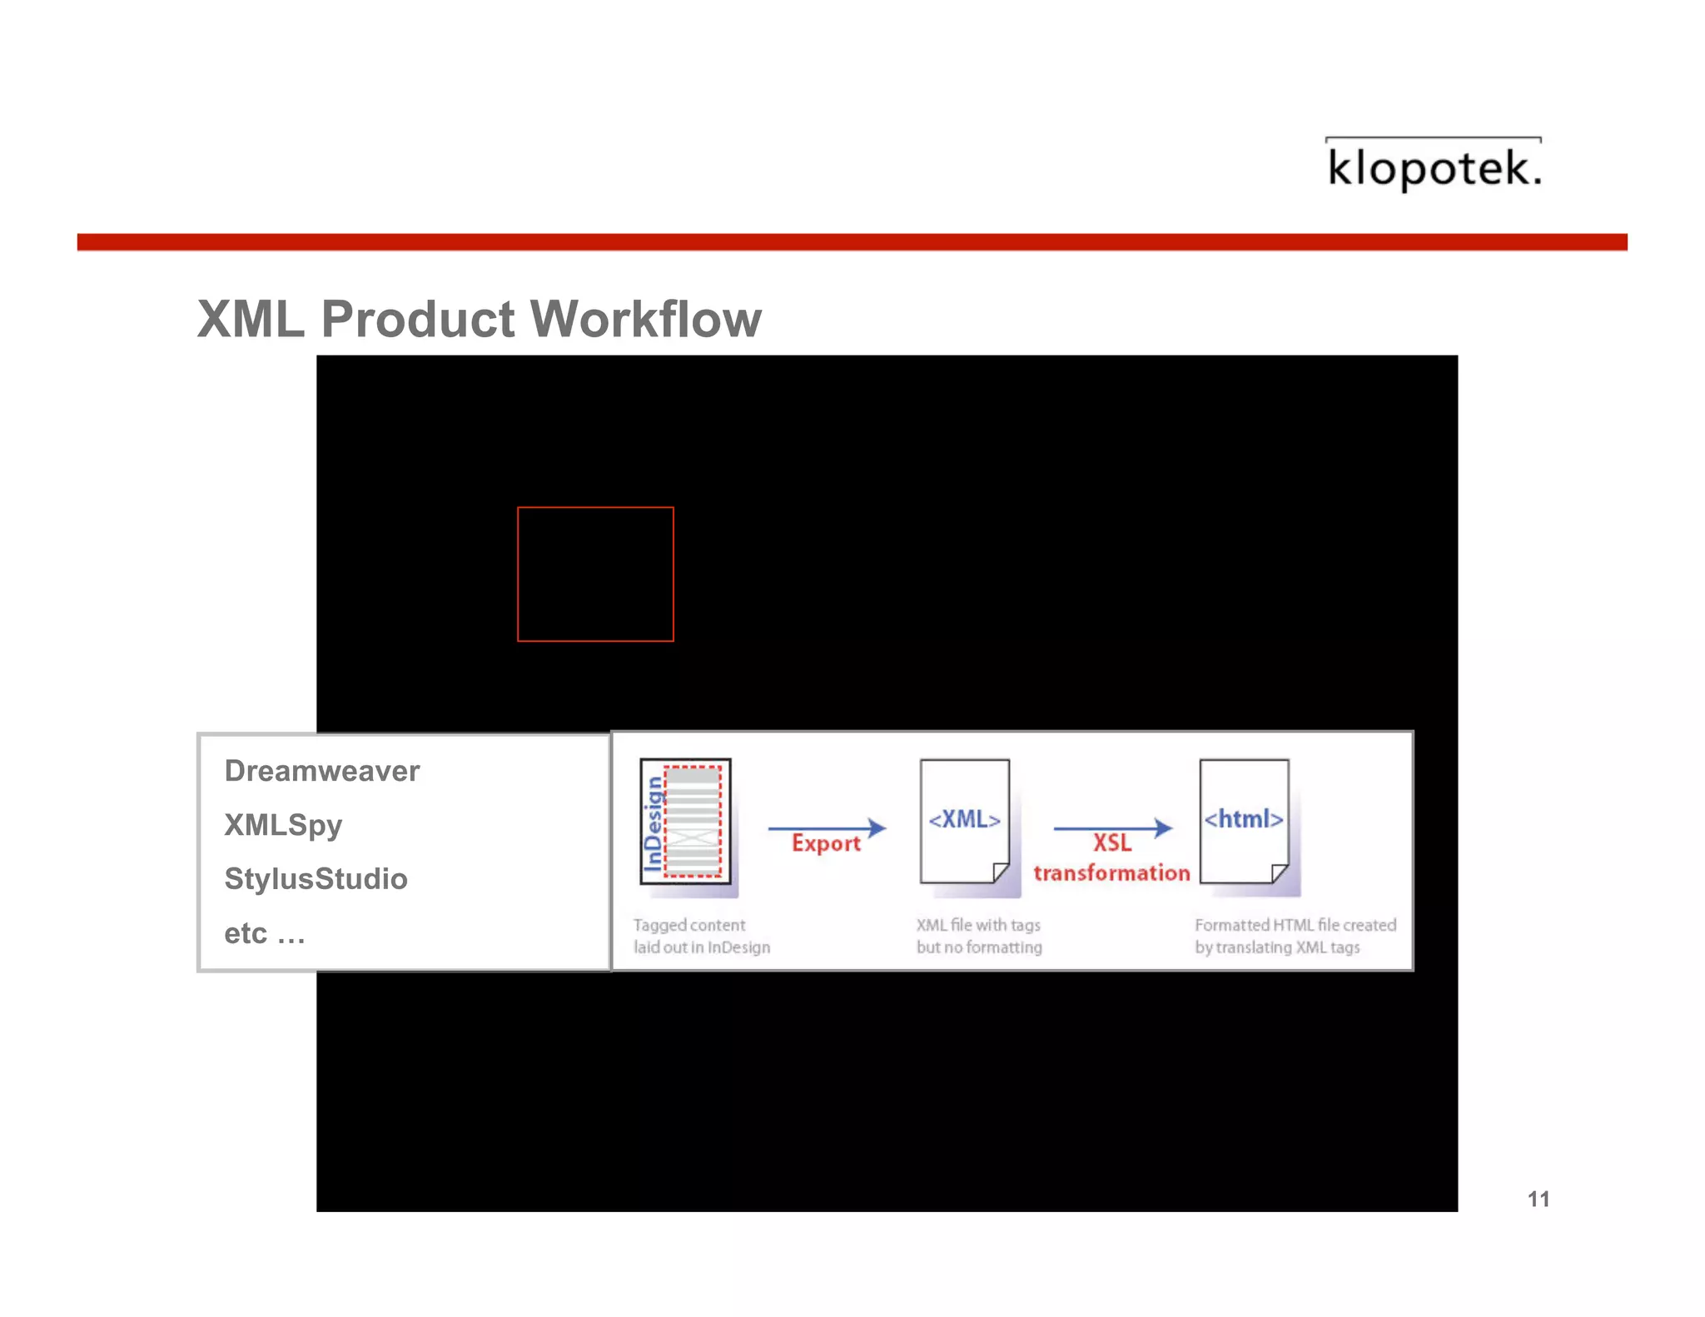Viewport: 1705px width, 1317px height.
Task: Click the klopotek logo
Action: click(x=1434, y=166)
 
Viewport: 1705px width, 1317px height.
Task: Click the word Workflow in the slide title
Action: click(x=645, y=319)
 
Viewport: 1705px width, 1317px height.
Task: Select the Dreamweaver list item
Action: click(x=322, y=771)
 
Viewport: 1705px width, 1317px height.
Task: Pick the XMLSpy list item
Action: click(x=283, y=825)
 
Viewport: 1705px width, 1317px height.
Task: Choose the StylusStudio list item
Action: click(x=316, y=879)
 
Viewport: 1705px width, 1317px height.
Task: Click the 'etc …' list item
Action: click(x=265, y=933)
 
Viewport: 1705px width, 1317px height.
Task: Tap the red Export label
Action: click(x=826, y=843)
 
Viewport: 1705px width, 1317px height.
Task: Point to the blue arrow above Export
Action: click(x=827, y=827)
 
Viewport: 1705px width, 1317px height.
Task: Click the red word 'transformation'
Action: click(x=1111, y=872)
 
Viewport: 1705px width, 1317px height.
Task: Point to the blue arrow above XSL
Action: click(x=1112, y=827)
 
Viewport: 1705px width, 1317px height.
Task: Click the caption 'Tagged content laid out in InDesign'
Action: click(x=701, y=936)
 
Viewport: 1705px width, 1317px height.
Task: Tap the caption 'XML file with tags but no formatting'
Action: click(x=979, y=936)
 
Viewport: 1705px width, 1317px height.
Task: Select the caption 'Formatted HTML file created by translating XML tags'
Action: click(x=1295, y=936)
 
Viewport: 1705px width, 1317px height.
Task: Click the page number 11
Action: click(x=1538, y=1199)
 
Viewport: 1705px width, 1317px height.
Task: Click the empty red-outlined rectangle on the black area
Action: click(x=595, y=574)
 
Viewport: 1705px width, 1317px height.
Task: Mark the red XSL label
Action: click(x=1112, y=843)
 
